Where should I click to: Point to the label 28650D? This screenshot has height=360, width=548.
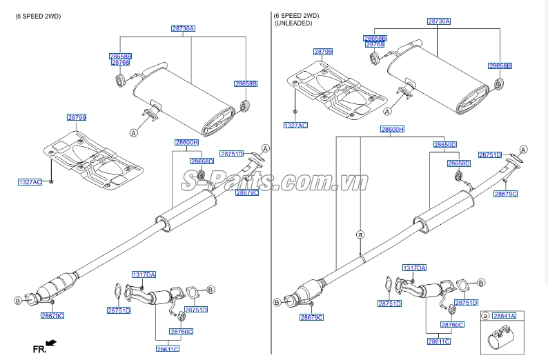pos(445,145)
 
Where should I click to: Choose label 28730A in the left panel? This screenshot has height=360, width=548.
pos(183,28)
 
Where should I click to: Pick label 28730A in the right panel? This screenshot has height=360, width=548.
pos(438,21)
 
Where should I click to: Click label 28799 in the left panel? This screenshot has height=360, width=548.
pos(77,118)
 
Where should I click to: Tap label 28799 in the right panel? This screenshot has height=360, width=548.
pos(323,52)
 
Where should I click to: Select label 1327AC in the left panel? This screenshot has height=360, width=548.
pos(30,181)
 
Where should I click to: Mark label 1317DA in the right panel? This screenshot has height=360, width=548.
pos(414,268)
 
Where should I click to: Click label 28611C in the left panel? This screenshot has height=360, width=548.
pos(167,349)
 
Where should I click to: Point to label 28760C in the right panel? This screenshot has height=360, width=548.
pos(452,324)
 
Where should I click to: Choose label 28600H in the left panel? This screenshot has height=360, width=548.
pos(186,142)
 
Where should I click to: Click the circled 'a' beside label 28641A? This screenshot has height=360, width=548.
pos(485,315)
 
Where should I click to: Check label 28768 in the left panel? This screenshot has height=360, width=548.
pos(120,63)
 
